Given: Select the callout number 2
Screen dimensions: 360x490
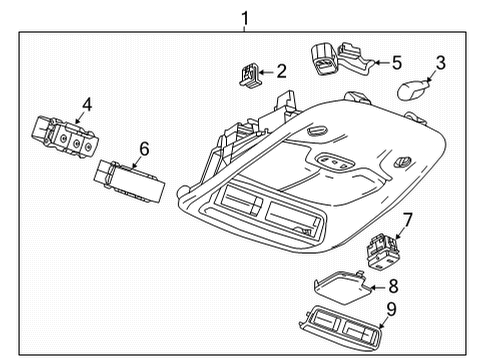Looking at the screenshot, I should [281, 70].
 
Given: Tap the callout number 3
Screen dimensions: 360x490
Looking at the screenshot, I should [439, 63].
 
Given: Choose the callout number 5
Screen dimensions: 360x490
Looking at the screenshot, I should [396, 61].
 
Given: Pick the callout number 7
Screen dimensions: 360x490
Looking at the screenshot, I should [407, 218].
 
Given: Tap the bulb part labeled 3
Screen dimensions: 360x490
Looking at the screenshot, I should [412, 90].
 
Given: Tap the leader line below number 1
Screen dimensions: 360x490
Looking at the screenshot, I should [243, 28].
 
